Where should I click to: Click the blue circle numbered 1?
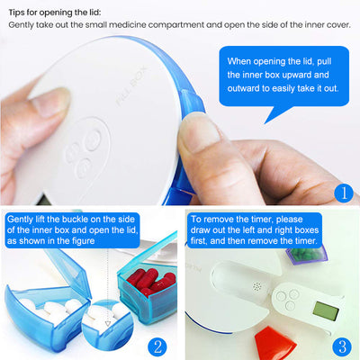(344, 193)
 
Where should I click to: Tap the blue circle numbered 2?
(157, 346)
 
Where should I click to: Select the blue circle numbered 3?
(342, 347)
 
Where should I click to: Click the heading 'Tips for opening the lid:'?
(55, 13)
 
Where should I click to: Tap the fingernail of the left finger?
(51, 103)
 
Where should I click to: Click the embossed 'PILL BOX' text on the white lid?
(131, 86)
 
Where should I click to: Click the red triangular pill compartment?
(275, 343)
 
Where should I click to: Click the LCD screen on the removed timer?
(325, 311)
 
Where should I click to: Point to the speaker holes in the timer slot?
(257, 287)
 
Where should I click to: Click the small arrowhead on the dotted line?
(107, 324)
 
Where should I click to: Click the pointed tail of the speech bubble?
(265, 123)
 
